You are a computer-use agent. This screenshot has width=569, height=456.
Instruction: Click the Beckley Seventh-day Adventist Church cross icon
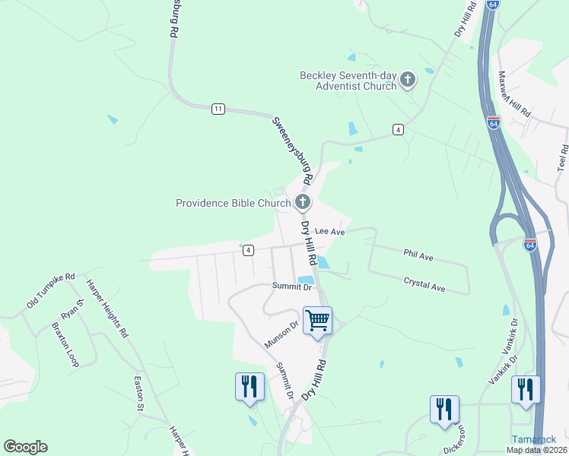408,80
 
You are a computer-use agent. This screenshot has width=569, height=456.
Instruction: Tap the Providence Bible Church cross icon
303,202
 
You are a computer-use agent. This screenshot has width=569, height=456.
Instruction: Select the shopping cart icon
316,319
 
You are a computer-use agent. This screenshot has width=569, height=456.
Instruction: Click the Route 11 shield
218,109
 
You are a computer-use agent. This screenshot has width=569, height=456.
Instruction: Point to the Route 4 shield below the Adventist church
398,130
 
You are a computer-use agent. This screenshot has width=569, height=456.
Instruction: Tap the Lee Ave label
330,231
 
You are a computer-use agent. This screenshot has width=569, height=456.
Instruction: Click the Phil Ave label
418,257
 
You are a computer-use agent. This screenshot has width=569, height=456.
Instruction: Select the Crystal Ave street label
424,284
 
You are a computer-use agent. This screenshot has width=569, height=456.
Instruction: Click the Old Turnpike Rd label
52,290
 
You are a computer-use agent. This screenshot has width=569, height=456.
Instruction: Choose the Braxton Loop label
65,345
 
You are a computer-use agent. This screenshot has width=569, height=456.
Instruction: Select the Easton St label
139,394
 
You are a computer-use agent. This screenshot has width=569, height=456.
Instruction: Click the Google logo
25,447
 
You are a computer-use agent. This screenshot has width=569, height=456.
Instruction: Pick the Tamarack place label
533,439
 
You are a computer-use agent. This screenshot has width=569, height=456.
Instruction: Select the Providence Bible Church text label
233,203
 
